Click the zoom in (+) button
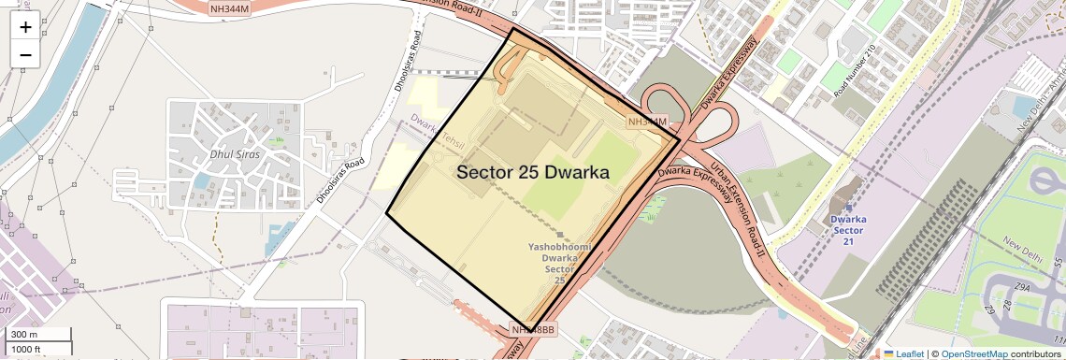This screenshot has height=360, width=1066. [x=25, y=26]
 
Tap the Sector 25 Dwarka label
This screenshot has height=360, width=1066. [x=533, y=173]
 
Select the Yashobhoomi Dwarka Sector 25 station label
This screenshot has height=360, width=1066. [x=559, y=263]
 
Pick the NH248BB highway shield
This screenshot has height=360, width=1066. [x=534, y=330]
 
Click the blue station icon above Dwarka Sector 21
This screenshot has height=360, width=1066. [x=849, y=207]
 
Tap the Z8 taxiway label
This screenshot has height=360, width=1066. [x=1005, y=307]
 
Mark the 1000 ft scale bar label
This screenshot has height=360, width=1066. [x=27, y=349]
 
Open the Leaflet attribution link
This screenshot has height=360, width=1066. [x=903, y=353]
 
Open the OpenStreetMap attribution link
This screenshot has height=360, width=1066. [x=973, y=353]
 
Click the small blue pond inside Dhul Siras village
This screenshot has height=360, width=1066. [x=202, y=180]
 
